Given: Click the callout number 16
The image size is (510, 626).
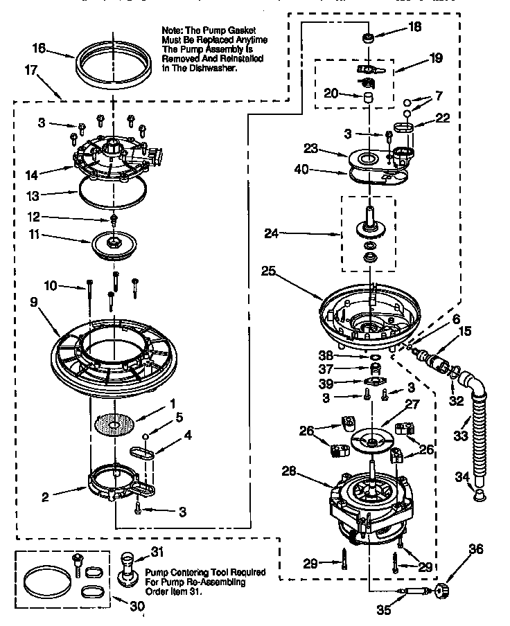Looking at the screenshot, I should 39,48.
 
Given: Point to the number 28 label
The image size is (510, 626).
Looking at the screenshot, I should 290,471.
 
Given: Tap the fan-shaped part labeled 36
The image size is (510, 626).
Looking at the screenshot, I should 440,590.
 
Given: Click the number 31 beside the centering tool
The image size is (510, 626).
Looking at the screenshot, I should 157,551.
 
